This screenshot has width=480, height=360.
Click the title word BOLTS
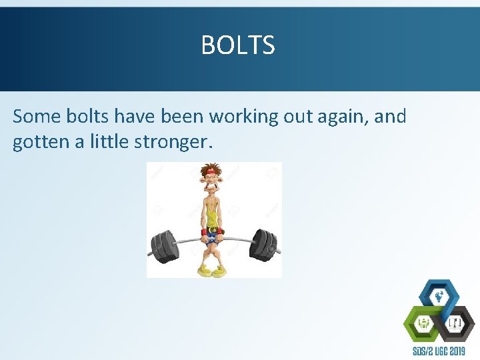[x=237, y=45]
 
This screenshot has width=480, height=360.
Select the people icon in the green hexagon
[x=423, y=324]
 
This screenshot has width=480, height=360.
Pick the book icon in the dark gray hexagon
[x=455, y=324]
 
